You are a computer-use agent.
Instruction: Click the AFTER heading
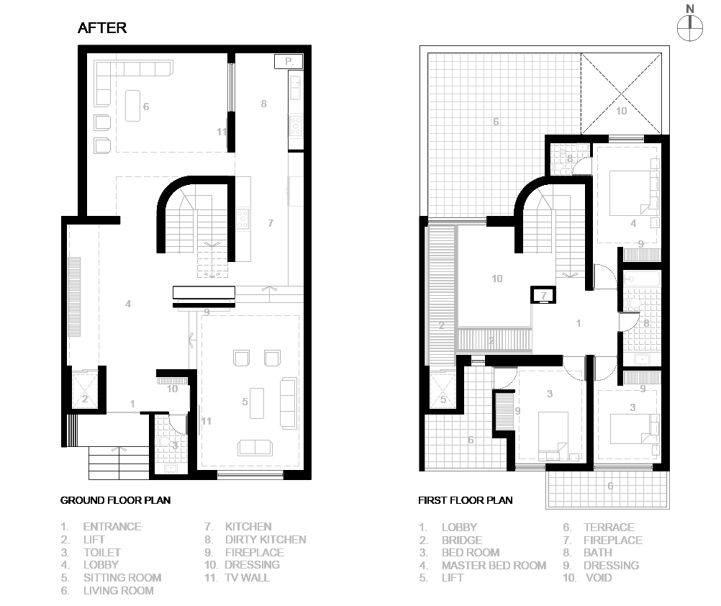click(102, 28)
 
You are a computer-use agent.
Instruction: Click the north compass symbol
click(690, 27)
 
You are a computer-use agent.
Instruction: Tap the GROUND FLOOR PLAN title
click(115, 500)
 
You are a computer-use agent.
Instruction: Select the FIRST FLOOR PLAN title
click(466, 500)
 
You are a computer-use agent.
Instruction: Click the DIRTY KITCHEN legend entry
click(255, 539)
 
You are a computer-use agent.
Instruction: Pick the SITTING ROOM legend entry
click(112, 577)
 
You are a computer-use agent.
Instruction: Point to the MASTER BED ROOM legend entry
click(483, 565)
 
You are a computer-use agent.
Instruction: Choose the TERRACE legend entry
click(599, 527)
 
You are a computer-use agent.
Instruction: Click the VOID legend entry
click(587, 577)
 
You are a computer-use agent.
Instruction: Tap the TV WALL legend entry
click(237, 577)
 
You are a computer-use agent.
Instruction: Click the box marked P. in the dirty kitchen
click(289, 61)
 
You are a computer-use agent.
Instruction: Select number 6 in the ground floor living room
click(146, 107)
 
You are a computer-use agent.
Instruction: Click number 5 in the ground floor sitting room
click(245, 402)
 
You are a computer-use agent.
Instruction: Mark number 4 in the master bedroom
click(633, 223)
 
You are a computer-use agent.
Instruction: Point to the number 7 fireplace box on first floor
click(543, 295)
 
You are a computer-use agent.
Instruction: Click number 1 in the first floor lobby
click(579, 323)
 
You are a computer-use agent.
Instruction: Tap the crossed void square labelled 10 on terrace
click(622, 94)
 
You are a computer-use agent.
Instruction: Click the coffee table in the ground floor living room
click(133, 106)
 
